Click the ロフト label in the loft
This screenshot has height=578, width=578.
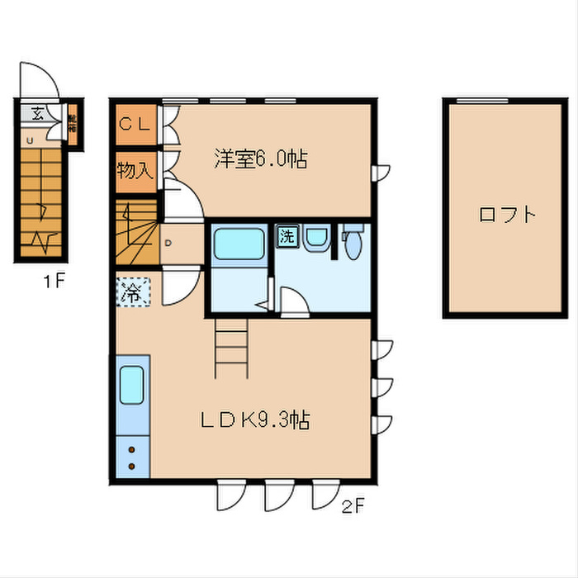(507, 215)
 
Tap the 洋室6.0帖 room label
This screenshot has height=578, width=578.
(260, 159)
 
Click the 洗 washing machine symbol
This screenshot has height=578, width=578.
(287, 235)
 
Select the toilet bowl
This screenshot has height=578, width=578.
(352, 243)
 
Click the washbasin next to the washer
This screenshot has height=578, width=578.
(315, 239)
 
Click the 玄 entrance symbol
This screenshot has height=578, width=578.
(38, 114)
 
